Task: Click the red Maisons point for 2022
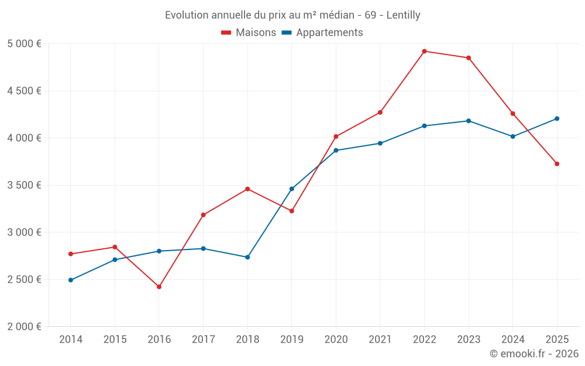[x=424, y=51]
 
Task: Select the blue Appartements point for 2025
[x=557, y=118]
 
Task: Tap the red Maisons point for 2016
[x=159, y=286]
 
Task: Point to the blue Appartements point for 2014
[x=71, y=280]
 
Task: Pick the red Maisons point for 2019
[x=292, y=211]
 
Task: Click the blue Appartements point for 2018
[x=247, y=257]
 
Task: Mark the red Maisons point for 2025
[x=557, y=164]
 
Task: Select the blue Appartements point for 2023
[x=469, y=121]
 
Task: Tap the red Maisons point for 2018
[x=247, y=189]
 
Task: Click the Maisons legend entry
[x=249, y=33]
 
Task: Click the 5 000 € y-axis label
[x=24, y=44]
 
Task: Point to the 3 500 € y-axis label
[x=24, y=185]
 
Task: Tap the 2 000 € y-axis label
[x=24, y=327]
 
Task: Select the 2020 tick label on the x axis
[x=336, y=340]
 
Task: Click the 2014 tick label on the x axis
[x=71, y=340]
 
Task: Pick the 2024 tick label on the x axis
[x=512, y=340]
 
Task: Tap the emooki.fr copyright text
[x=534, y=354]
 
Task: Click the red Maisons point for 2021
[x=380, y=112]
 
